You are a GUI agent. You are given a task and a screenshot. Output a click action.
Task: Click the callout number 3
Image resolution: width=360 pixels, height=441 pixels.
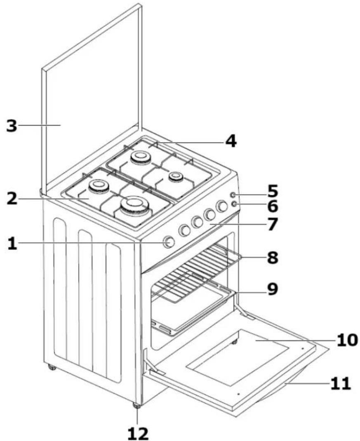coord(12,126)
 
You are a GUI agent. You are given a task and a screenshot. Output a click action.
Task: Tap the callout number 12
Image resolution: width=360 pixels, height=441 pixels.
coord(138,434)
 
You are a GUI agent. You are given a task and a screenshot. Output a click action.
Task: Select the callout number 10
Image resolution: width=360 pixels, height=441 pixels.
coord(347,340)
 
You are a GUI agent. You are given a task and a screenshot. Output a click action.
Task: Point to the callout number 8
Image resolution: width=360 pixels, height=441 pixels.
coord(273,258)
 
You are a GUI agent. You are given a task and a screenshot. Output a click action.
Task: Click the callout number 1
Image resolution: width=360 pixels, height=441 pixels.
coord(12,244)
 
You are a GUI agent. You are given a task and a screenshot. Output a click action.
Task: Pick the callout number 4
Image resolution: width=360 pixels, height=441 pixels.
coord(231,141)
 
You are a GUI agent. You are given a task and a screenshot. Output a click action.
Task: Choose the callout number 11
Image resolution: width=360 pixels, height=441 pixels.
coord(341,384)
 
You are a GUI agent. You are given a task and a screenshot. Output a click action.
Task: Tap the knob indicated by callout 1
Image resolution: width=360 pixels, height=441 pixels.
coord(169,242)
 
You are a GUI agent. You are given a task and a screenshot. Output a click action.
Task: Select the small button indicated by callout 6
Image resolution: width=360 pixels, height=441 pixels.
coord(234,204)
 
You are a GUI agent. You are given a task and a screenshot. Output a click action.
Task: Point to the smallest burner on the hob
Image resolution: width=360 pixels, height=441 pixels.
coord(176,176)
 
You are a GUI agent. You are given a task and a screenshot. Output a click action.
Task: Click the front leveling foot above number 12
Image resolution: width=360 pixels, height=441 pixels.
coord(137,406)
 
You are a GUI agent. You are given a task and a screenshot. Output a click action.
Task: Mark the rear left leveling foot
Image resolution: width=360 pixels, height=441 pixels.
coord(52,367)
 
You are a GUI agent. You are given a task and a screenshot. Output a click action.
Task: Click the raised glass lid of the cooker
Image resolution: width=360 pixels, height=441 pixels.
coord(92,99)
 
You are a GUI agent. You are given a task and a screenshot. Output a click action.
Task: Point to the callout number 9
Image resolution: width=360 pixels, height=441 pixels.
coord(272,289)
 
